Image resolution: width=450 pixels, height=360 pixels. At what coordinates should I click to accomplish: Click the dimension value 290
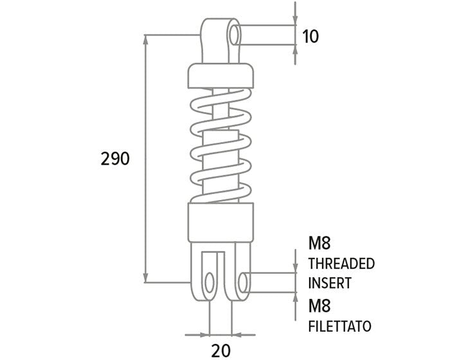coord(116,159)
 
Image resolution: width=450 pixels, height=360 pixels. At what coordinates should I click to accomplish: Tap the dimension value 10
coord(310,36)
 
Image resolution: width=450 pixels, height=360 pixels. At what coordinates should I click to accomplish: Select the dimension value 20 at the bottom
coord(222,350)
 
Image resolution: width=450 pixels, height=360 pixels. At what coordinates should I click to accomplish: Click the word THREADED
coord(341,264)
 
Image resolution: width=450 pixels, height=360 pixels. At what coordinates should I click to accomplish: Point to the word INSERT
coord(330,283)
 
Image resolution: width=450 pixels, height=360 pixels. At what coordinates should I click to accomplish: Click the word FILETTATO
coord(339,326)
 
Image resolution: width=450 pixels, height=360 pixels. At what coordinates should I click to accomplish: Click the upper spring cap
coord(220,76)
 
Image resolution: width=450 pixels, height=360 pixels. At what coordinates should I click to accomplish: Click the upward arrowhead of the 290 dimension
coord(147,40)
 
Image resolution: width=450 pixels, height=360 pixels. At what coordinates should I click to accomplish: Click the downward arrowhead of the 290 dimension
coord(147,278)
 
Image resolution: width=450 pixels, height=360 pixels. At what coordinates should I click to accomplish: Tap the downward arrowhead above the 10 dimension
coord(294,19)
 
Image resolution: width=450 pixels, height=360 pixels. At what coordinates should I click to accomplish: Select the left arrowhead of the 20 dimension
coord(190,334)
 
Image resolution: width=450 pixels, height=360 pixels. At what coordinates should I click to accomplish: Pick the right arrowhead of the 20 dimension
coord(235,334)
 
